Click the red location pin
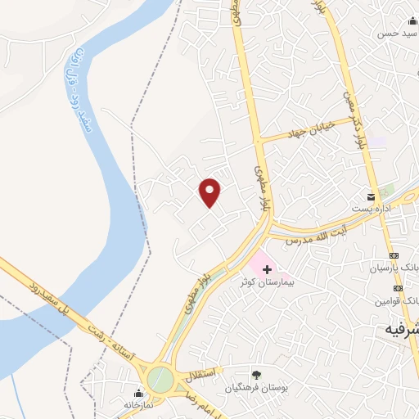pos(210,192)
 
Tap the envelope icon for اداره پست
pos(372,197)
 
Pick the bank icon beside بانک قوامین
pos(398,288)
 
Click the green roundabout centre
pos(160,379)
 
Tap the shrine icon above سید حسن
pos(411,22)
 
